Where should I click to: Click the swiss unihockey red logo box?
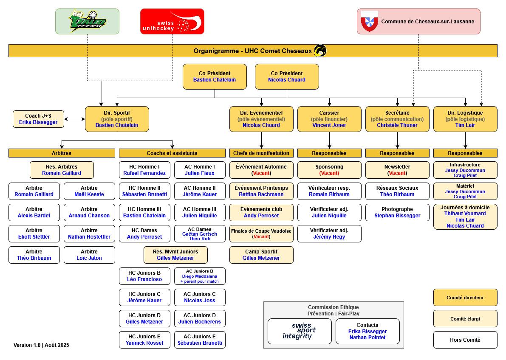[172, 22]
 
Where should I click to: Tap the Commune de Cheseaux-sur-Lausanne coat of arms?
[369, 21]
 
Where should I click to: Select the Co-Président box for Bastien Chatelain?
[215, 77]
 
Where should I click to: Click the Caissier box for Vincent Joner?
[329, 119]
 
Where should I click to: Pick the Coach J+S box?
[38, 119]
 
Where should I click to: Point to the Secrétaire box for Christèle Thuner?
[397, 119]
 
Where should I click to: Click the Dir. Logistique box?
[465, 119]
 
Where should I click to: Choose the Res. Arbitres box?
[62, 170]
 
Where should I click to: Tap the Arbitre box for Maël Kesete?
[89, 191]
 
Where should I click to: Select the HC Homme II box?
[144, 191]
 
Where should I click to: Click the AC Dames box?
[200, 233]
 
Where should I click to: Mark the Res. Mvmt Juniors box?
[175, 255]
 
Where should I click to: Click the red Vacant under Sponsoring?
[329, 173]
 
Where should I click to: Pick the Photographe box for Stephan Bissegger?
[397, 212]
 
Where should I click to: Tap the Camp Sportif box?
[261, 255]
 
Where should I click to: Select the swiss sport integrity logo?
[300, 331]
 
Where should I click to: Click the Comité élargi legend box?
[465, 319]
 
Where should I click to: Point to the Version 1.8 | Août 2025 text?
[41, 345]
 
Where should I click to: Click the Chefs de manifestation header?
[261, 153]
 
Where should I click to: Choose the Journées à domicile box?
[465, 217]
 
